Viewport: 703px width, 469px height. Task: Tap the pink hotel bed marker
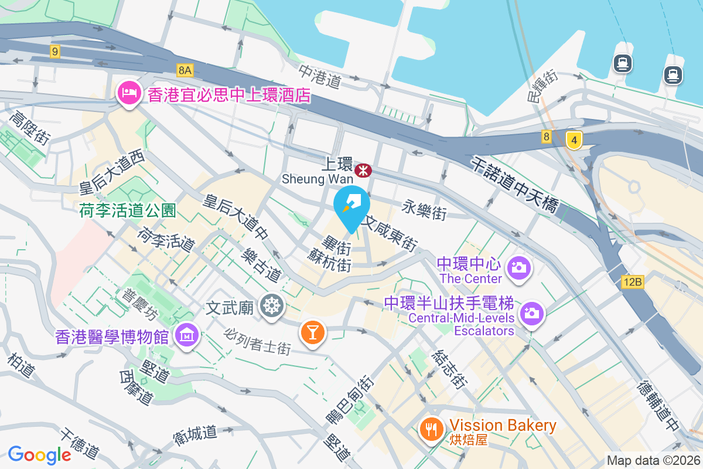(x=128, y=93)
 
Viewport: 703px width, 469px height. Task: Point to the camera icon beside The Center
(x=519, y=267)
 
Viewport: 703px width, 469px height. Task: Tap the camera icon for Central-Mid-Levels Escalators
(x=532, y=312)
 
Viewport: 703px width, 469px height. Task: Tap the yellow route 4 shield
(x=575, y=140)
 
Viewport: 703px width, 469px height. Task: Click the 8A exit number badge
(x=185, y=70)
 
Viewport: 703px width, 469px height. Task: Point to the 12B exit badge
(x=633, y=283)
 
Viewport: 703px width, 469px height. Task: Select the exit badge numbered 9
(x=55, y=52)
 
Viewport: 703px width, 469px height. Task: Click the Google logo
(x=40, y=454)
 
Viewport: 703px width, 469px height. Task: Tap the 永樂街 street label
(x=424, y=209)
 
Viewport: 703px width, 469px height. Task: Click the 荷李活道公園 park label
(x=128, y=210)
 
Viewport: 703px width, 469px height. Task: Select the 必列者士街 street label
(x=257, y=340)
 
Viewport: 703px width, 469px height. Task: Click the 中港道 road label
(x=320, y=76)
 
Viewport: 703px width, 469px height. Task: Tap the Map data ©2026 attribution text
(x=653, y=460)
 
